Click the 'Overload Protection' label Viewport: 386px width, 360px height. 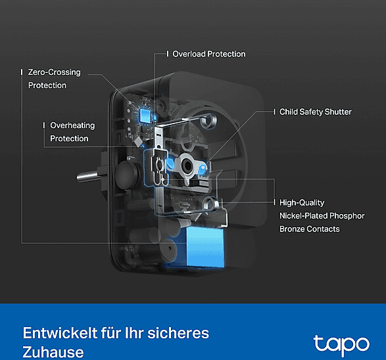pos(208,54)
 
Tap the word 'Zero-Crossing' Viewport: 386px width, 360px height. pos(54,72)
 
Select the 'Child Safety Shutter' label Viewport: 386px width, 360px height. pos(316,112)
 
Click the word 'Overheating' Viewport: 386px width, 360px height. pos(72,125)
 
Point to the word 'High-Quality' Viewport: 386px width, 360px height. pos(302,202)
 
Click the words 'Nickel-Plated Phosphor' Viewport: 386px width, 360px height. pos(322,215)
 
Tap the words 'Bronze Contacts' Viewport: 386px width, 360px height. pos(310,229)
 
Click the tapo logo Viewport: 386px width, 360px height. pos(341,345)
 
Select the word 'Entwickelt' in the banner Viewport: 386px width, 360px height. pos(60,333)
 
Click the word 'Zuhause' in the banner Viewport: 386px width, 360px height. pos(53,352)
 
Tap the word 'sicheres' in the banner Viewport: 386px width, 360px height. pos(178,333)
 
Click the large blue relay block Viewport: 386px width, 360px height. pos(205,247)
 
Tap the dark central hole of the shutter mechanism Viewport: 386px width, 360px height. pos(187,166)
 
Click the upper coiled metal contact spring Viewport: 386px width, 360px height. pos(208,121)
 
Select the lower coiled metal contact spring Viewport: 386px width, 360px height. pos(210,204)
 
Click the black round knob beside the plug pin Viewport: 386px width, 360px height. pos(127,175)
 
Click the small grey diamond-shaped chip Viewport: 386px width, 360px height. pos(138,141)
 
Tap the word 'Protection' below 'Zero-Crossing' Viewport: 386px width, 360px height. pos(47,85)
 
